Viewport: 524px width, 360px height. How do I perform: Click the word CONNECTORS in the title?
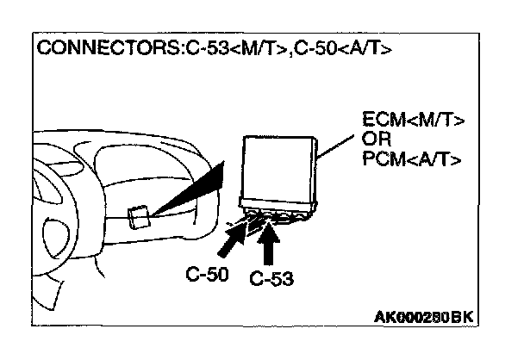point(104,47)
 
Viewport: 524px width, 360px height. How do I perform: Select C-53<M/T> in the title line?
point(227,47)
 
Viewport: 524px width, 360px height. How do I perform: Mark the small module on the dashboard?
point(136,216)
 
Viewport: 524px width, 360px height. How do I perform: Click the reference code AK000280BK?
point(424,316)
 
